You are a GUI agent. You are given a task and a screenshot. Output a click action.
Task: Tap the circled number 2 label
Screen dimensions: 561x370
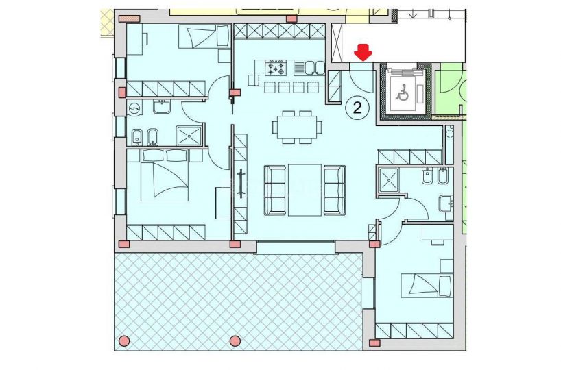click(x=357, y=108)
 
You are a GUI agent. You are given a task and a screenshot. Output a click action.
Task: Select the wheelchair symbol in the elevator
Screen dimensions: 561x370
click(x=403, y=92)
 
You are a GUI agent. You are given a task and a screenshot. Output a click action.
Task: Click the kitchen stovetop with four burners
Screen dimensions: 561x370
click(x=276, y=68)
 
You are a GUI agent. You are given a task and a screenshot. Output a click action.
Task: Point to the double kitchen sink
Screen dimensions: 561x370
click(x=309, y=68)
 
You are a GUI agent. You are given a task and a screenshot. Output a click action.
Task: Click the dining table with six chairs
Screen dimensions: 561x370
click(x=296, y=127)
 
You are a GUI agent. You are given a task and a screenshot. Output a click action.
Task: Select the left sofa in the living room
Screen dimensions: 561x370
click(x=275, y=190)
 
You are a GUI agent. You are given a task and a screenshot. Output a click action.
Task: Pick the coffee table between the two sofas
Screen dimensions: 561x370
click(x=305, y=190)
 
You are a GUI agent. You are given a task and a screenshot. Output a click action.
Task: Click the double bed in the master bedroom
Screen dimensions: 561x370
click(x=165, y=175)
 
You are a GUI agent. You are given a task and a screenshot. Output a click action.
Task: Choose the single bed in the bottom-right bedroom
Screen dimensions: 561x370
click(x=427, y=286)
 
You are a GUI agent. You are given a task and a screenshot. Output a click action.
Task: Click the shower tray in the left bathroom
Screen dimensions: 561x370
click(x=189, y=136)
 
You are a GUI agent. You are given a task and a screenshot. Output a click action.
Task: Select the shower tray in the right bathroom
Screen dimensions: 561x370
click(x=388, y=180)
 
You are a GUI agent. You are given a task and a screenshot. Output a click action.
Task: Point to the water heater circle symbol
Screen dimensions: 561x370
click(x=134, y=108)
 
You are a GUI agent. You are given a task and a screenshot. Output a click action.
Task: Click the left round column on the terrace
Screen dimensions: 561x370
click(x=124, y=341)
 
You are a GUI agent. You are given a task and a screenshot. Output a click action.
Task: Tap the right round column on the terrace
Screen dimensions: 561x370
click(x=235, y=341)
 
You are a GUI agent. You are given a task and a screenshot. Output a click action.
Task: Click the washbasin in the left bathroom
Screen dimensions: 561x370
click(x=162, y=106)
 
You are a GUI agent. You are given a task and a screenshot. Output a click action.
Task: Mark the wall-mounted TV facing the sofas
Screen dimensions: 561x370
click(x=241, y=183)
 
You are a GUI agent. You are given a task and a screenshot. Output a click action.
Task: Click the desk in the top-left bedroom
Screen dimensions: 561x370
click(x=135, y=39)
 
